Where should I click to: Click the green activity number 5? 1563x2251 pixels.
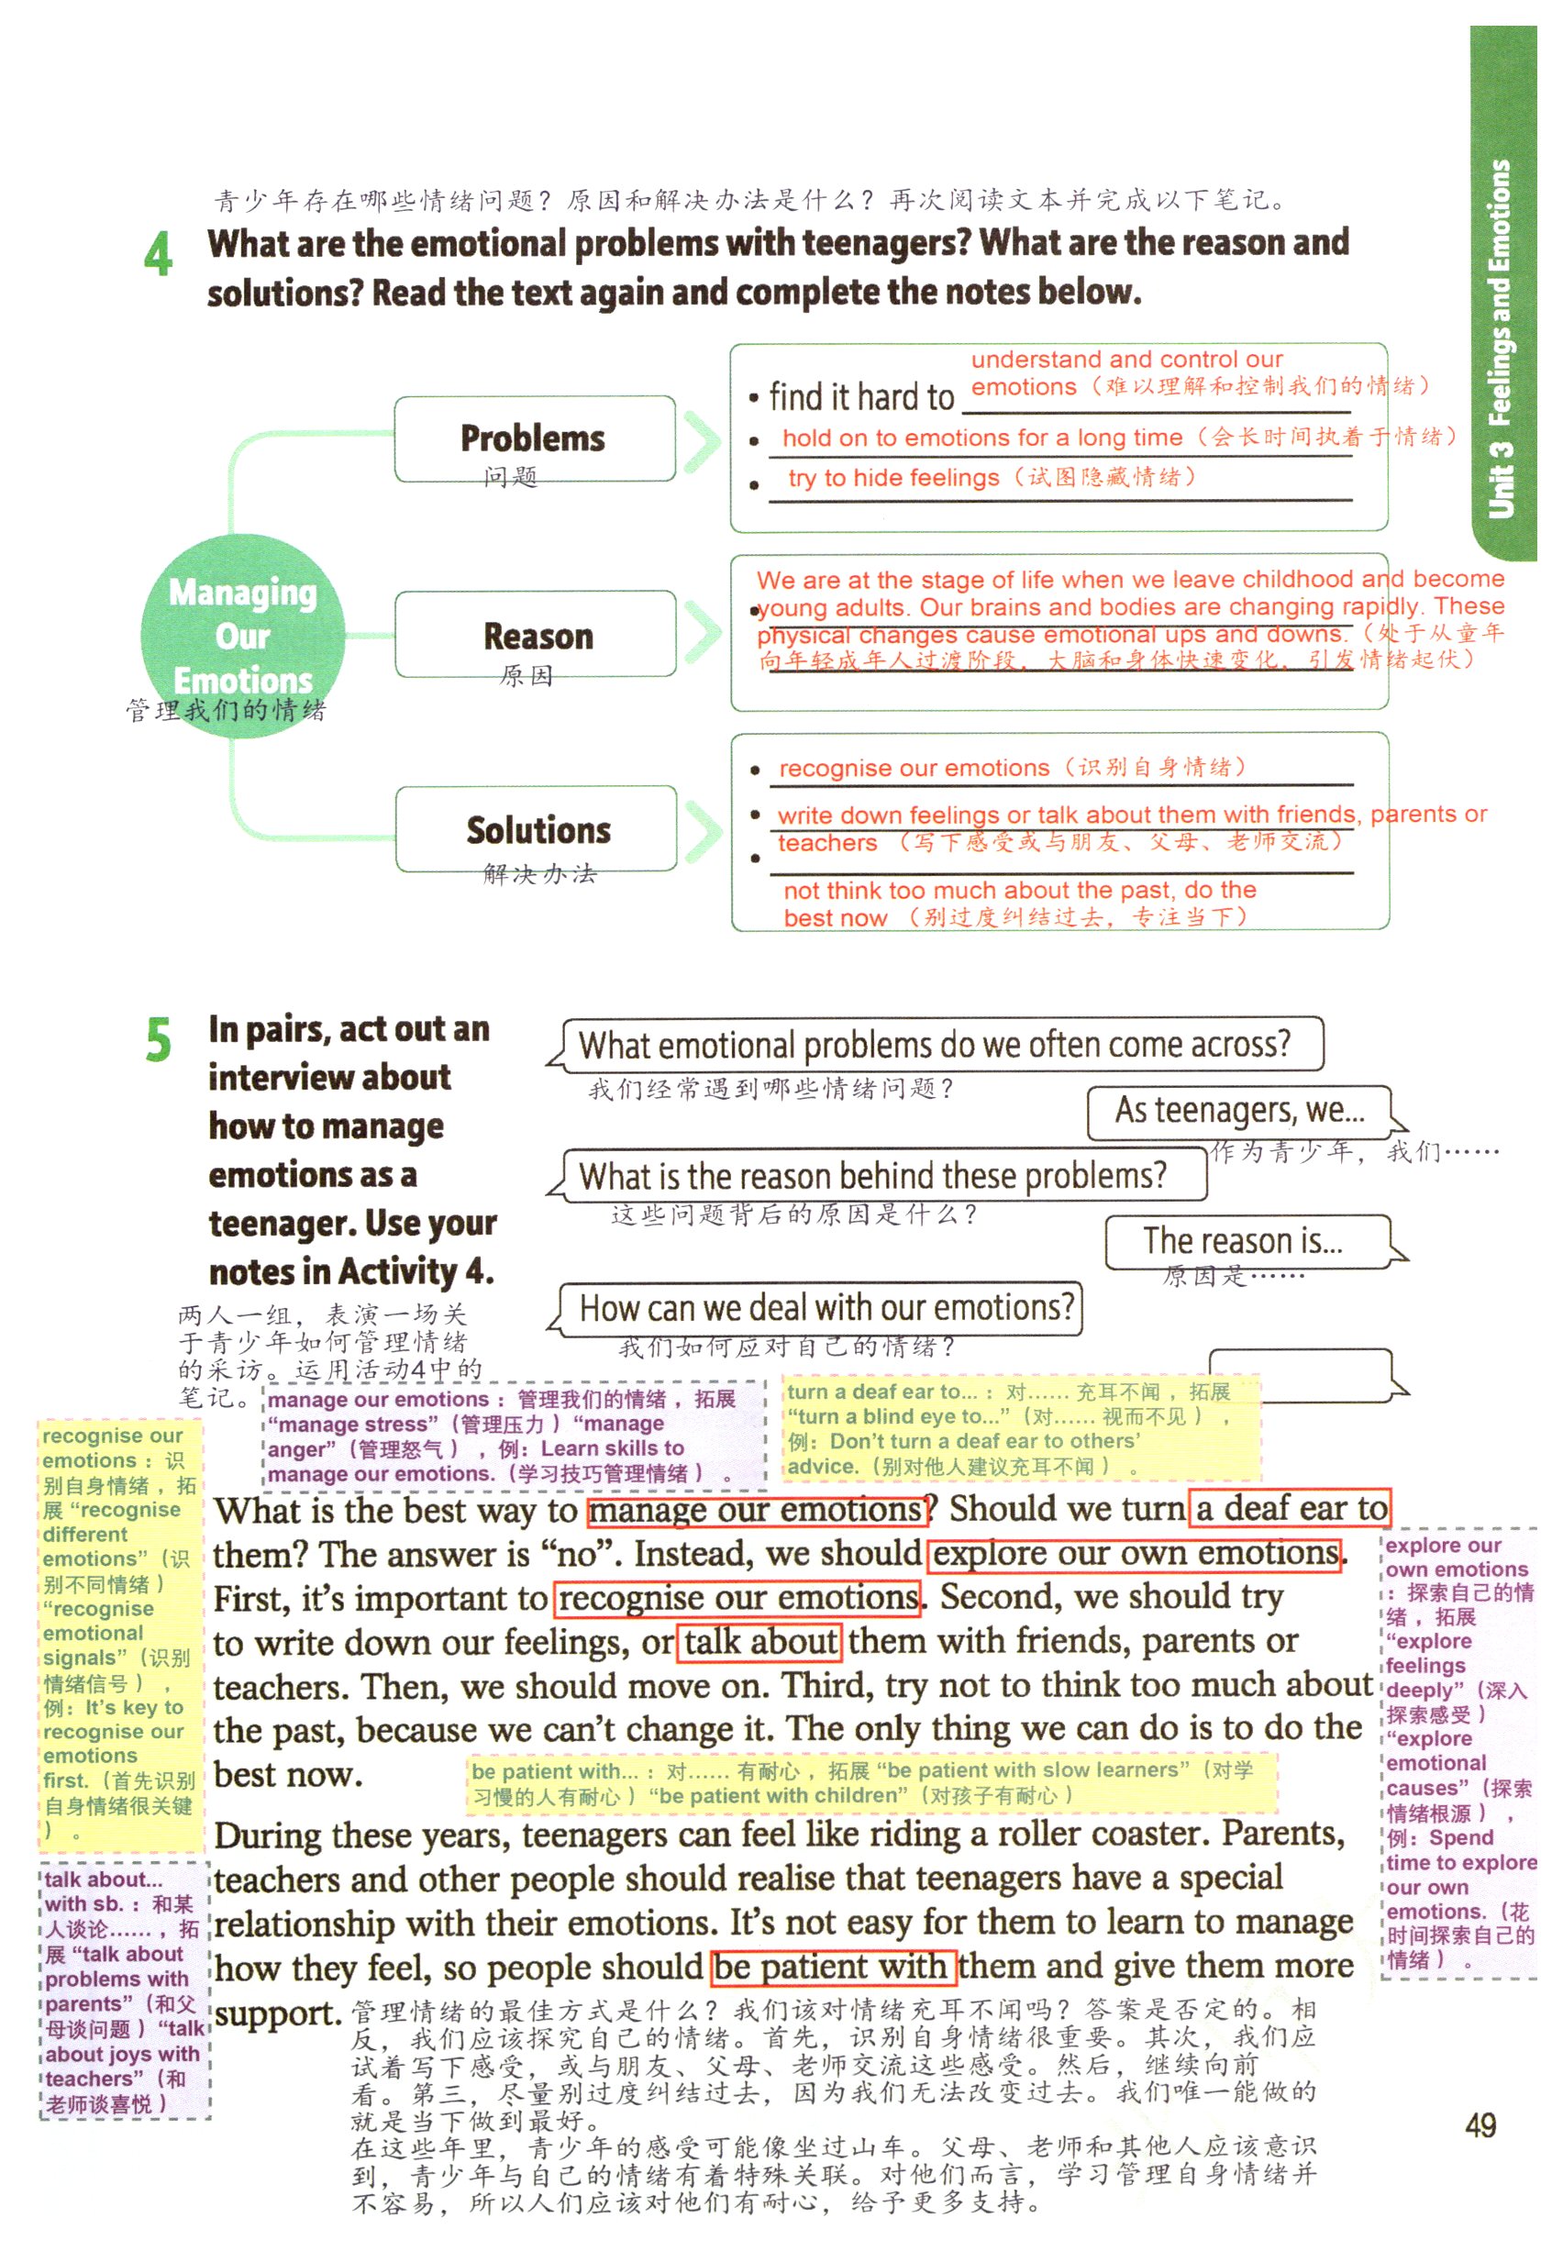pos(158,1039)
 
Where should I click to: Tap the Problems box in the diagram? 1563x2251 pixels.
pos(534,438)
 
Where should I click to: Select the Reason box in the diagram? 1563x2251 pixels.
pos(536,635)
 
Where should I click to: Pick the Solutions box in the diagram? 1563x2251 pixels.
pos(537,829)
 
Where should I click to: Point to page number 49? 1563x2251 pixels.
pos(1480,2124)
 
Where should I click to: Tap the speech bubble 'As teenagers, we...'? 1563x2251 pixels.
pos(1240,1112)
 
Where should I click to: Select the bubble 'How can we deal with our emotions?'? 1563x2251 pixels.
pos(825,1308)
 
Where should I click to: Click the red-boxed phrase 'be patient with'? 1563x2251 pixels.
pos(834,1965)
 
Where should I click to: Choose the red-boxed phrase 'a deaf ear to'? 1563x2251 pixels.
pos(1290,1509)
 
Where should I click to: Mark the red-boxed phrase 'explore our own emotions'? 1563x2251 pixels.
pos(1134,1554)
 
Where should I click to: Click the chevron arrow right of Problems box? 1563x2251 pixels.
pos(704,438)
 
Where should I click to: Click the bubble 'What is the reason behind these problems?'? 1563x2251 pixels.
pos(873,1176)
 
